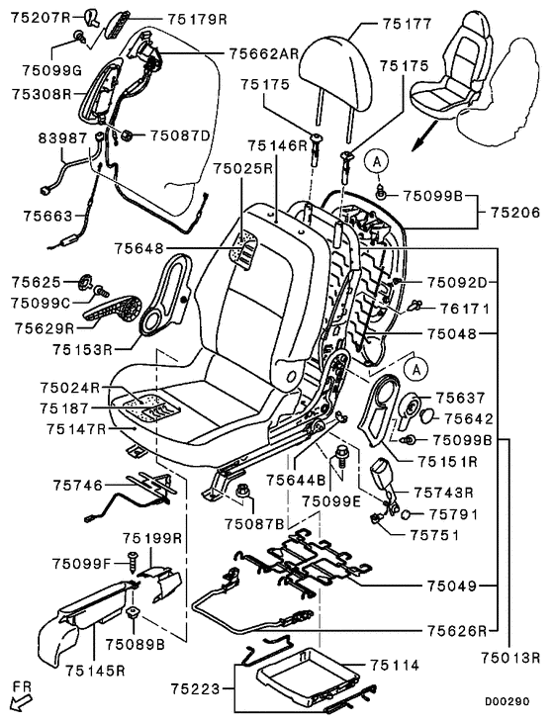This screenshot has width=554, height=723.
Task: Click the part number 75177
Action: [x=407, y=24]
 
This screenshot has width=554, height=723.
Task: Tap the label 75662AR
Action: [x=264, y=54]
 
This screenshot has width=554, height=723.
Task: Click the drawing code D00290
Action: [x=507, y=702]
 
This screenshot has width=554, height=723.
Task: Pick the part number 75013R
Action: [x=510, y=658]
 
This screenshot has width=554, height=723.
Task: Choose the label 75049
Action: [x=451, y=587]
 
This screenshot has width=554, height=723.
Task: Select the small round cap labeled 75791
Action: [x=407, y=514]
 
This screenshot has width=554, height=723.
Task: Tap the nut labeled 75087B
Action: [x=242, y=492]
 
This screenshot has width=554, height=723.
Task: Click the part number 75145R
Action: [x=95, y=670]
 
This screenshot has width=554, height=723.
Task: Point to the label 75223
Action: [x=196, y=689]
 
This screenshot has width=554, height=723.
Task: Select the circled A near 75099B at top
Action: [x=377, y=161]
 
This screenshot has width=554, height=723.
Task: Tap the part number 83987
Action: [x=62, y=137]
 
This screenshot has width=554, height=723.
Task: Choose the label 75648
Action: [x=139, y=249]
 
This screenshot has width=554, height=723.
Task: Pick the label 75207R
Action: [x=41, y=18]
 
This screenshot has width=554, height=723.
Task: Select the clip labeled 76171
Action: [x=416, y=305]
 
